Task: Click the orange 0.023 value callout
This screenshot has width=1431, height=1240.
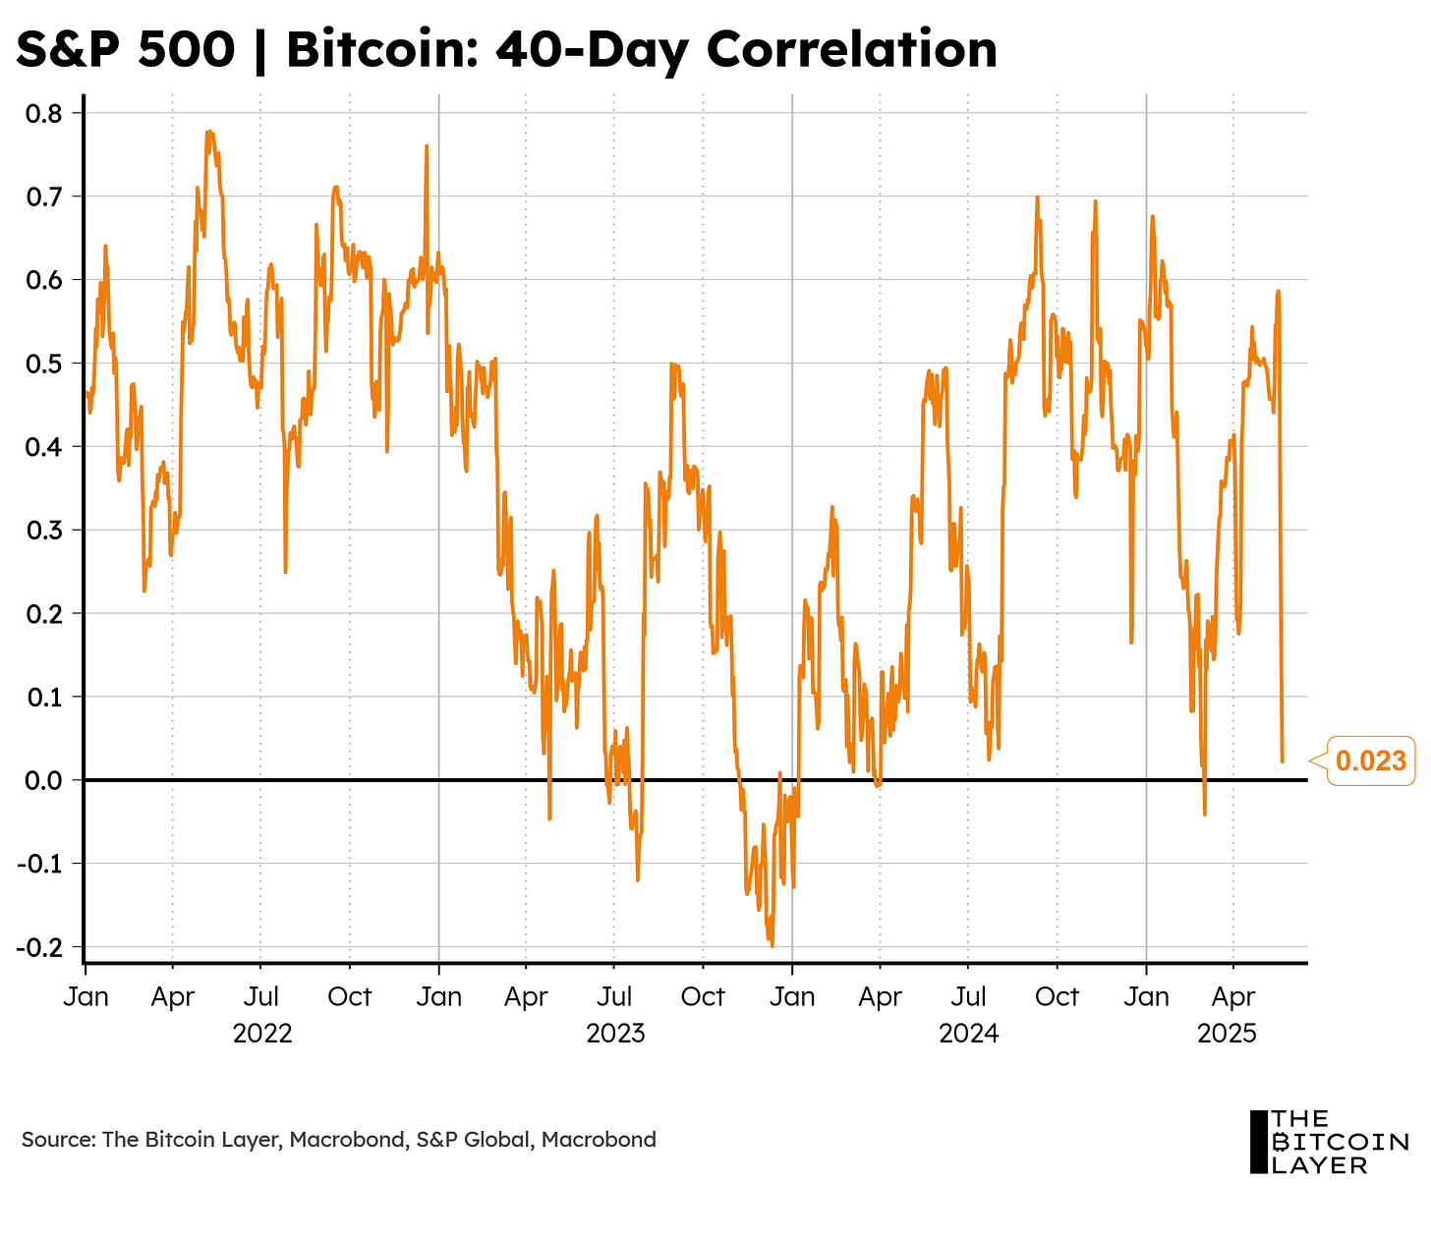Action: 1370,760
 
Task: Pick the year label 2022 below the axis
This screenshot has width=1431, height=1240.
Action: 261,1034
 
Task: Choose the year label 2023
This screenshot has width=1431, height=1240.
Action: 615,1034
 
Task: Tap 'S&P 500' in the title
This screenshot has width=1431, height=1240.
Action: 126,49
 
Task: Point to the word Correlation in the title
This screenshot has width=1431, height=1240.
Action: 851,49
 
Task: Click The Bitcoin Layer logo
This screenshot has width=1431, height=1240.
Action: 1328,1142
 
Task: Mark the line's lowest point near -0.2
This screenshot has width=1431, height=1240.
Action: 772,945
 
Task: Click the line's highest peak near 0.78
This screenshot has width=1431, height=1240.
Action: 208,132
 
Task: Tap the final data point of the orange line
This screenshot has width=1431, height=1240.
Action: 1282,761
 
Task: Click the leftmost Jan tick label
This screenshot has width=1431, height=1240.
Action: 86,996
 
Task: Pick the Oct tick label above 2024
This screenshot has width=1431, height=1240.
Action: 1058,996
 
